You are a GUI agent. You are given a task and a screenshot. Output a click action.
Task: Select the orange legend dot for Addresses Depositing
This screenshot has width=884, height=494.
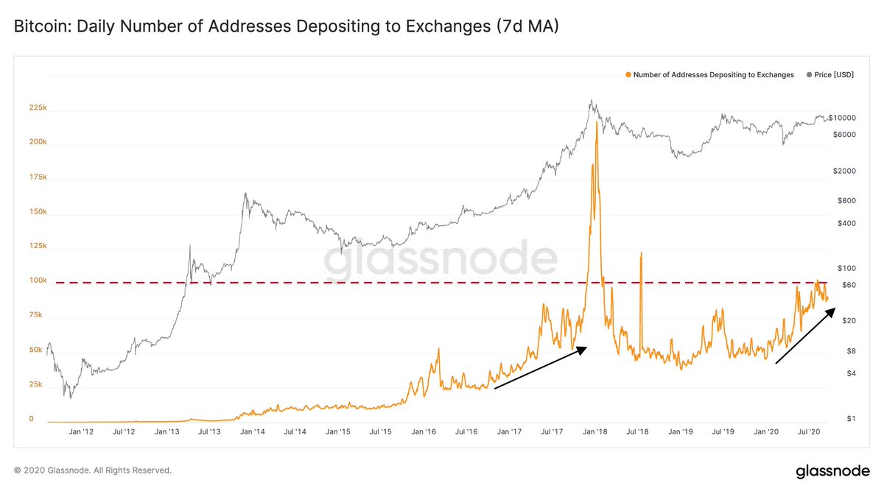click(628, 75)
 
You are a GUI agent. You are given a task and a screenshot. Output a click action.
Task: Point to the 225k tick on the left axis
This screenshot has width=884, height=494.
click(38, 107)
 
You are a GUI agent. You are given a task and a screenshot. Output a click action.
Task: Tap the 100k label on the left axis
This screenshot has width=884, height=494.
click(38, 280)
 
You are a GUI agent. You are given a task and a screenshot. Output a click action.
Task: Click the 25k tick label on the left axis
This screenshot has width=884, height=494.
click(36, 384)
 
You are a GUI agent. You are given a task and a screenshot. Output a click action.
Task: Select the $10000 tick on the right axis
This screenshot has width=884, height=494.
click(840, 118)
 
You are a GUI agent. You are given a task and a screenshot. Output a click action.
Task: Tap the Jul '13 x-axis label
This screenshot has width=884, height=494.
click(210, 432)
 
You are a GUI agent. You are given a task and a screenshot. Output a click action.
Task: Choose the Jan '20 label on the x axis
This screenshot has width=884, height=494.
click(767, 432)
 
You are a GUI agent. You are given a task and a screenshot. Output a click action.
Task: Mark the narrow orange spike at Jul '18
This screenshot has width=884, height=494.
click(642, 253)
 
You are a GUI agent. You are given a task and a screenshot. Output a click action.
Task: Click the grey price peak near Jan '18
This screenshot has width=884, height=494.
click(590, 102)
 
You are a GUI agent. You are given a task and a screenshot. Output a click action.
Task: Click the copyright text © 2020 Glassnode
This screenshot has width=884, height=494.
click(93, 470)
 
